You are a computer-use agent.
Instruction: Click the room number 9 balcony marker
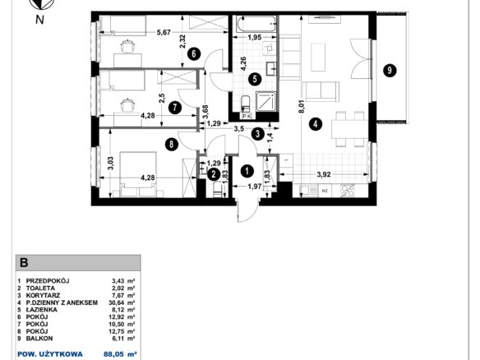(x=390, y=71)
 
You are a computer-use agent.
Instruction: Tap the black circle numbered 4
(x=316, y=124)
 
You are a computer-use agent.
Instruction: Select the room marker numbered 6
(x=194, y=54)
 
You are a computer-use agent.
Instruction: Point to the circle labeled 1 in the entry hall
(x=247, y=172)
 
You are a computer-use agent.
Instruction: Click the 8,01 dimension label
(x=302, y=108)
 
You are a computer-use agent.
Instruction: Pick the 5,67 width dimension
(x=164, y=32)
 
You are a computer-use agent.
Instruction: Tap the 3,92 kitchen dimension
(x=324, y=174)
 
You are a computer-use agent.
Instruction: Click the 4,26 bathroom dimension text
(x=244, y=63)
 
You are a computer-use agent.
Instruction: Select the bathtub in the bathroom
(x=256, y=24)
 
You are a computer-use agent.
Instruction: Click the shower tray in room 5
(x=265, y=101)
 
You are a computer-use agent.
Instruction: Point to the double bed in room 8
(x=139, y=174)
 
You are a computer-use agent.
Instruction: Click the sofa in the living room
(x=321, y=91)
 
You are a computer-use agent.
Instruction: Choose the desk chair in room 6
(x=127, y=47)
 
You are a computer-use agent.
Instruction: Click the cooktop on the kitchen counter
(x=347, y=191)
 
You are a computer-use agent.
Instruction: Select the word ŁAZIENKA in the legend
(x=42, y=310)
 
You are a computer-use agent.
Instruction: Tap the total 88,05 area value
(x=114, y=354)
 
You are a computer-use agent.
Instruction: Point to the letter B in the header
(x=24, y=263)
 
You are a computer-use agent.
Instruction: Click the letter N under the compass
(x=39, y=20)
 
